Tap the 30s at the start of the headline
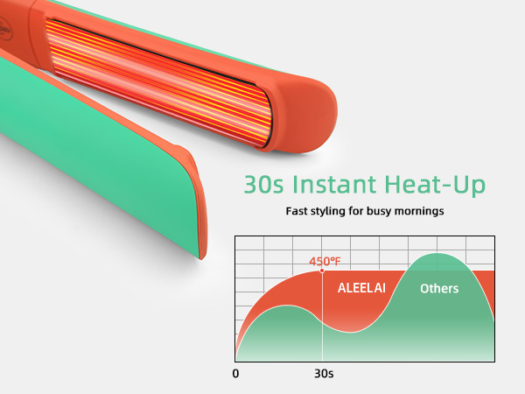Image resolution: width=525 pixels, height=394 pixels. (x=262, y=186)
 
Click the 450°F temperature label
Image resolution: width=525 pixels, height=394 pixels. (x=324, y=261)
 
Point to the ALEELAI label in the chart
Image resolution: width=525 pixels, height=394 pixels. (x=361, y=288)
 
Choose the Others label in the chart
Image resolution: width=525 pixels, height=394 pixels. (x=438, y=288)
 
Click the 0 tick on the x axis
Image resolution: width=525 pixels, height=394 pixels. (x=235, y=374)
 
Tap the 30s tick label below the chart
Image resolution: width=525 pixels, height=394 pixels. (x=323, y=374)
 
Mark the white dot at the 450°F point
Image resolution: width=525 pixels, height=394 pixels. (x=323, y=271)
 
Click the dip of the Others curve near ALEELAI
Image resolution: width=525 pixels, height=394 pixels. (x=354, y=332)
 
